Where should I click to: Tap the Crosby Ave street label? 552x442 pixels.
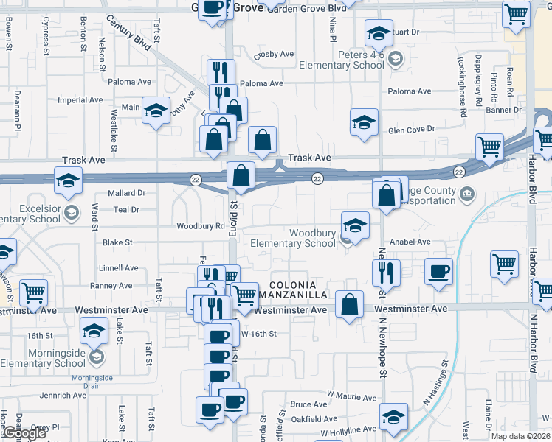(274, 55)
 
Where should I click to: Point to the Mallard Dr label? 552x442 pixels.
(126, 193)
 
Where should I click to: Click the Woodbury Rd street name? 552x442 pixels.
(200, 226)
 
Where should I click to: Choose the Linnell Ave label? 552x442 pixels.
(119, 268)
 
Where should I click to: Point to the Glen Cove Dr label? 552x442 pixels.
(413, 130)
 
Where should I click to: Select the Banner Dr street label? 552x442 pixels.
(504, 110)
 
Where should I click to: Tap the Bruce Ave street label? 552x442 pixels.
(308, 404)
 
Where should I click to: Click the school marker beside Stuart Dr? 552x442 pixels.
(379, 32)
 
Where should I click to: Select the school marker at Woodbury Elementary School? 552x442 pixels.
(355, 225)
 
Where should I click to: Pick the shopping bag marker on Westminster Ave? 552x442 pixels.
(350, 304)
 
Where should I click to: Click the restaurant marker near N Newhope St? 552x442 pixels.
(386, 273)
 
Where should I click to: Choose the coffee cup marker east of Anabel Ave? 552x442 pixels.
(439, 271)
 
